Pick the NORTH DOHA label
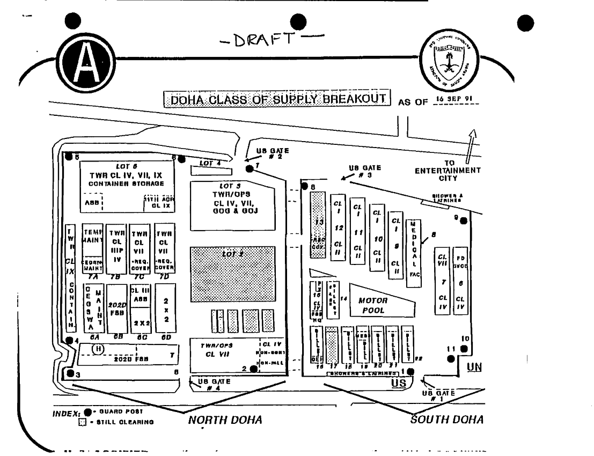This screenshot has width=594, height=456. coord(225,420)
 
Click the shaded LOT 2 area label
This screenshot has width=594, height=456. coord(232,254)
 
